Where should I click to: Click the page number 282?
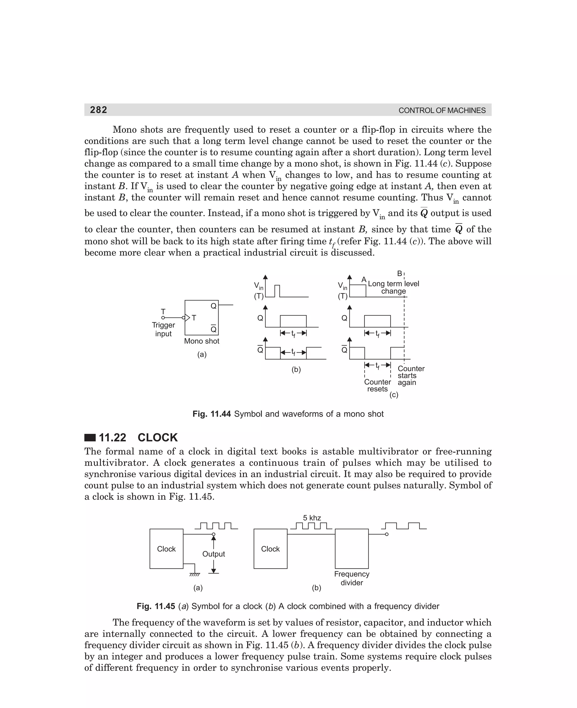point(98,110)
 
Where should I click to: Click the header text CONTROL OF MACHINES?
point(442,111)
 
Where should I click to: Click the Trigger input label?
point(163,329)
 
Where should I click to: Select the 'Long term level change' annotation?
point(393,287)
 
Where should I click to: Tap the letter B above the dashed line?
point(400,274)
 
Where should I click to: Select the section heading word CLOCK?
point(157,438)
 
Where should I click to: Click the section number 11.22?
point(112,438)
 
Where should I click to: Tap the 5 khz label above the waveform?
point(312,518)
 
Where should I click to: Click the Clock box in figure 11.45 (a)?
point(166,549)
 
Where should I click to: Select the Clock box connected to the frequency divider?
point(270,549)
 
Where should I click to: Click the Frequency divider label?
point(352,578)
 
